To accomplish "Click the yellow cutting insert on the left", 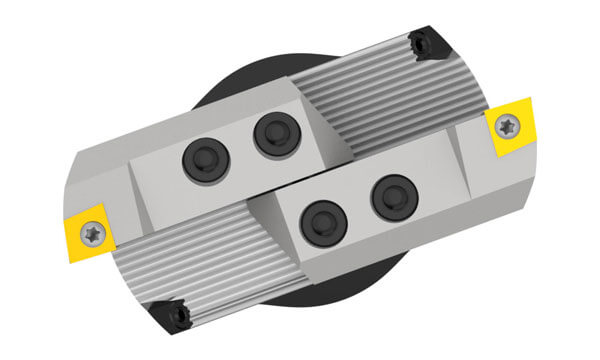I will click(87, 230).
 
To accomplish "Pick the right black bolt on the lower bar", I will click(393, 198).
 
